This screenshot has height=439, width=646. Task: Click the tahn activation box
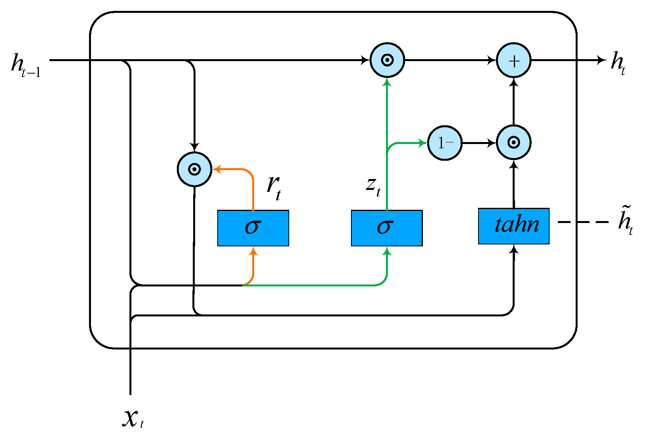[x=513, y=226]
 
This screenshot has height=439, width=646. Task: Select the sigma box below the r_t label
[x=253, y=228]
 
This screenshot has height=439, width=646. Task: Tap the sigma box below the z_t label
[x=387, y=228]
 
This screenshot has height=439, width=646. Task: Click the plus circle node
[x=513, y=60]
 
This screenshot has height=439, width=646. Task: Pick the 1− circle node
[x=445, y=143]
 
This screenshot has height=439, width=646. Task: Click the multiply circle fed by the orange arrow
[x=194, y=169]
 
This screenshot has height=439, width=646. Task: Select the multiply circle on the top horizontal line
[x=387, y=60]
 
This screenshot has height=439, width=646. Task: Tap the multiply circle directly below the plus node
[x=513, y=143]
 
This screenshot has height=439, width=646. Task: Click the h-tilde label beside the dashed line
[x=625, y=221]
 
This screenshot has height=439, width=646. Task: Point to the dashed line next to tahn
[x=583, y=222]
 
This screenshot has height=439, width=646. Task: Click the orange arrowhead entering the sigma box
[x=253, y=251]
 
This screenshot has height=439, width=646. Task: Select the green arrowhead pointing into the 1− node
[x=423, y=143]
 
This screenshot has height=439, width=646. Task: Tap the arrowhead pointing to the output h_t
[x=601, y=60]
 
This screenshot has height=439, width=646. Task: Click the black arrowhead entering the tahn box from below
[x=514, y=249]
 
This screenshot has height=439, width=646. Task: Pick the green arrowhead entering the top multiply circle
[x=387, y=82]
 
